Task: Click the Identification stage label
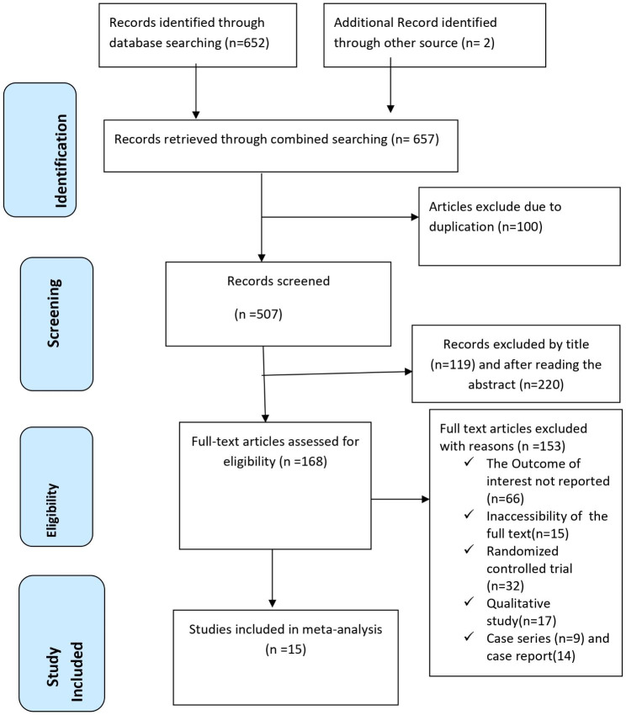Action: (x=40, y=149)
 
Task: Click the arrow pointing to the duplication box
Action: (x=413, y=216)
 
